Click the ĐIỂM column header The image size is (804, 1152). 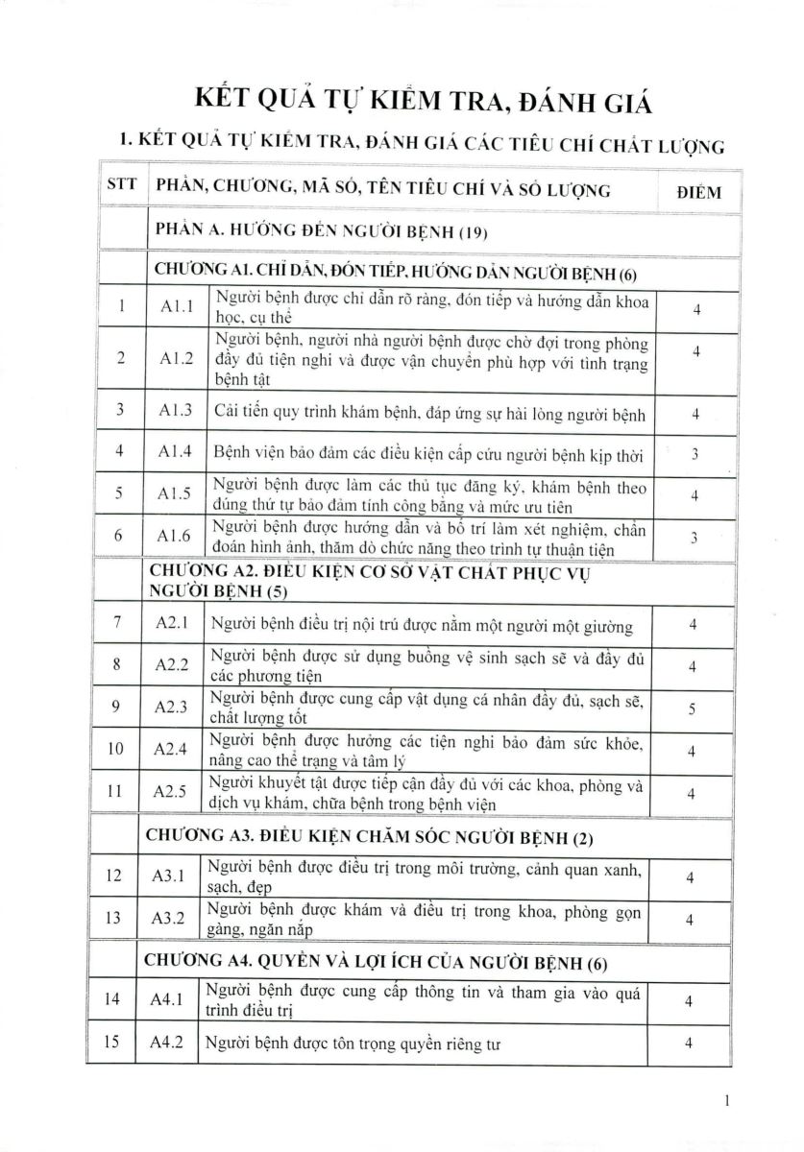click(697, 191)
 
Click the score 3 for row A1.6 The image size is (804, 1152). click(694, 538)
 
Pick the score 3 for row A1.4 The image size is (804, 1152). click(694, 453)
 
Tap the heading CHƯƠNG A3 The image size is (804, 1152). click(370, 837)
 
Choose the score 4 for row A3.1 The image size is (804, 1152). click(690, 877)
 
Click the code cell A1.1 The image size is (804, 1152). click(176, 307)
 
